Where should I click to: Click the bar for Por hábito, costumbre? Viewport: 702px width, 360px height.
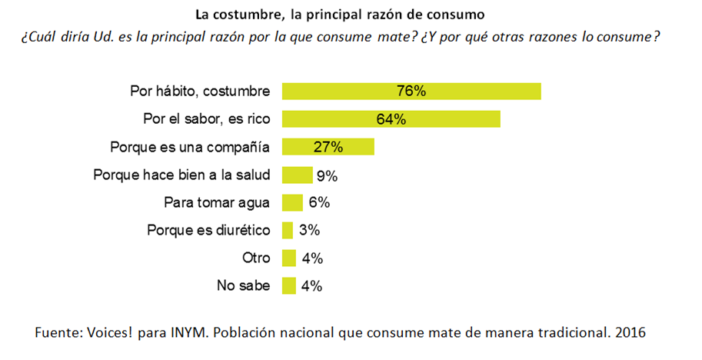coord(411,91)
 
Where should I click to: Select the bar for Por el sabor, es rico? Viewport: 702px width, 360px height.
coord(391,119)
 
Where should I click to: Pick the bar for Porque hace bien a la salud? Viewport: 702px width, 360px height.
coord(297,175)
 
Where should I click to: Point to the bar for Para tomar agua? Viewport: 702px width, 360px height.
coord(292,202)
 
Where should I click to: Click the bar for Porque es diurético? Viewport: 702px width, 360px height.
coord(288,230)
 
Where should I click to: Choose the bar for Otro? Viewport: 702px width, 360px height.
coord(289,258)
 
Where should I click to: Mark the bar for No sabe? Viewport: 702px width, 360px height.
coord(289,285)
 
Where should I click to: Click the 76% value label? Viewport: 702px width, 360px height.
coord(411,91)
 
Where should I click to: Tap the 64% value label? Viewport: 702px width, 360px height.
coord(391,119)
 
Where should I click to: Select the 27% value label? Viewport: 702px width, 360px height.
coord(328,147)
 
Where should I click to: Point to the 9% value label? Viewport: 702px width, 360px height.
coord(327,175)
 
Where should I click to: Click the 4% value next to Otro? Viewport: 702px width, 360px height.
coord(311,258)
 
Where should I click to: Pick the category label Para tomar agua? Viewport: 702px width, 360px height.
coord(218,203)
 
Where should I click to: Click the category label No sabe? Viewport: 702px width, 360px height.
coord(244,286)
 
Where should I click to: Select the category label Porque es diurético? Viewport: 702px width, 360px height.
coord(209,231)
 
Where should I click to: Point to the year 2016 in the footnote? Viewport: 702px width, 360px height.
coord(629,334)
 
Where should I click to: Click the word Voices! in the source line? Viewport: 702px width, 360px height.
coord(108,334)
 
